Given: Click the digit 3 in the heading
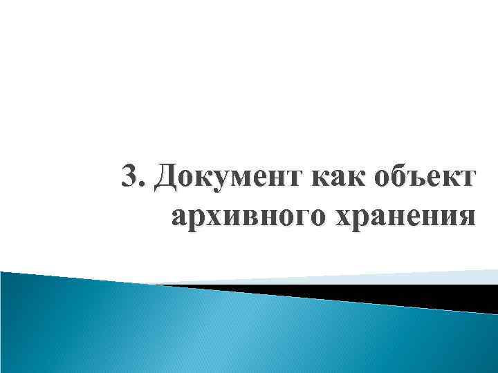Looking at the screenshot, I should [130, 179].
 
